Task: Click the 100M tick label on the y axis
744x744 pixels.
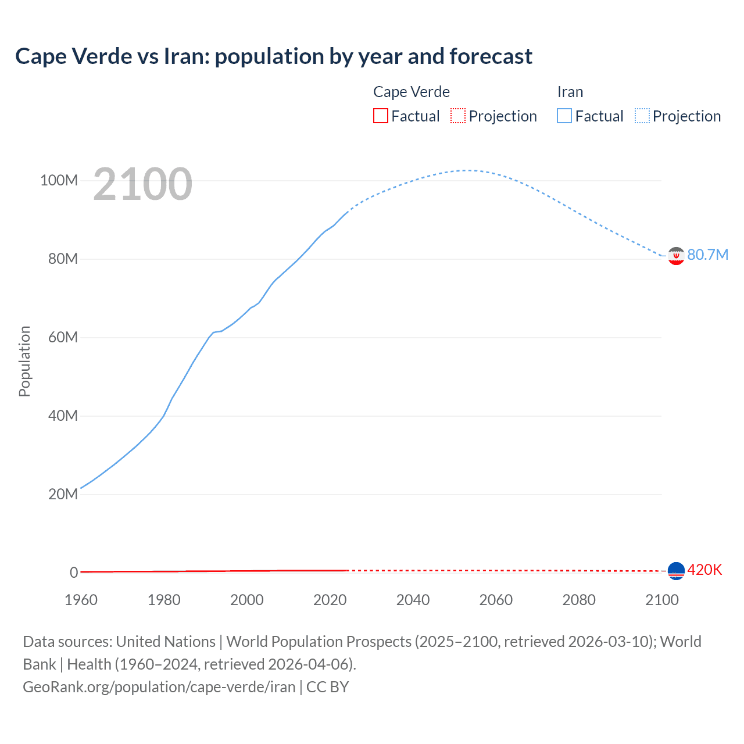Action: (59, 180)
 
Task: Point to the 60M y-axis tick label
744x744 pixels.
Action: (63, 337)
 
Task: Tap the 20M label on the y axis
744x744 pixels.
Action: (63, 494)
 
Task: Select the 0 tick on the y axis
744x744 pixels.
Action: (74, 573)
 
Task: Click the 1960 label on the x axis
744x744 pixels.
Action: (81, 600)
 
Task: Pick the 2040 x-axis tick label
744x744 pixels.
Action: (413, 600)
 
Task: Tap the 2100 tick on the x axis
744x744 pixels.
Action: (661, 600)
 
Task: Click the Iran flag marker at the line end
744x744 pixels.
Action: (676, 256)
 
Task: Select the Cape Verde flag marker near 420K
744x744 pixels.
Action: (676, 571)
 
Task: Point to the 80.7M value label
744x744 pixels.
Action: (707, 255)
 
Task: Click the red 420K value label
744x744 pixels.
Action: (704, 570)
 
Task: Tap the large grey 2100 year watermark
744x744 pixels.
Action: (142, 184)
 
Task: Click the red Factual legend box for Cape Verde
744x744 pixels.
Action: (381, 116)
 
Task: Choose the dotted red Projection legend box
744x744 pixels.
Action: (458, 116)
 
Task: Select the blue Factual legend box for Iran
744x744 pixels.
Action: (564, 116)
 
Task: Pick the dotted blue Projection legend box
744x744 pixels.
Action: (642, 116)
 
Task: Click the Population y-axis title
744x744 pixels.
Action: (24, 361)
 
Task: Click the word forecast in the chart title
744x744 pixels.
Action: (491, 56)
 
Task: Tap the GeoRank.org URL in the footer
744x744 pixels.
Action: (159, 686)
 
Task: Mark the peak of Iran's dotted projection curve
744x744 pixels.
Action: (467, 170)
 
